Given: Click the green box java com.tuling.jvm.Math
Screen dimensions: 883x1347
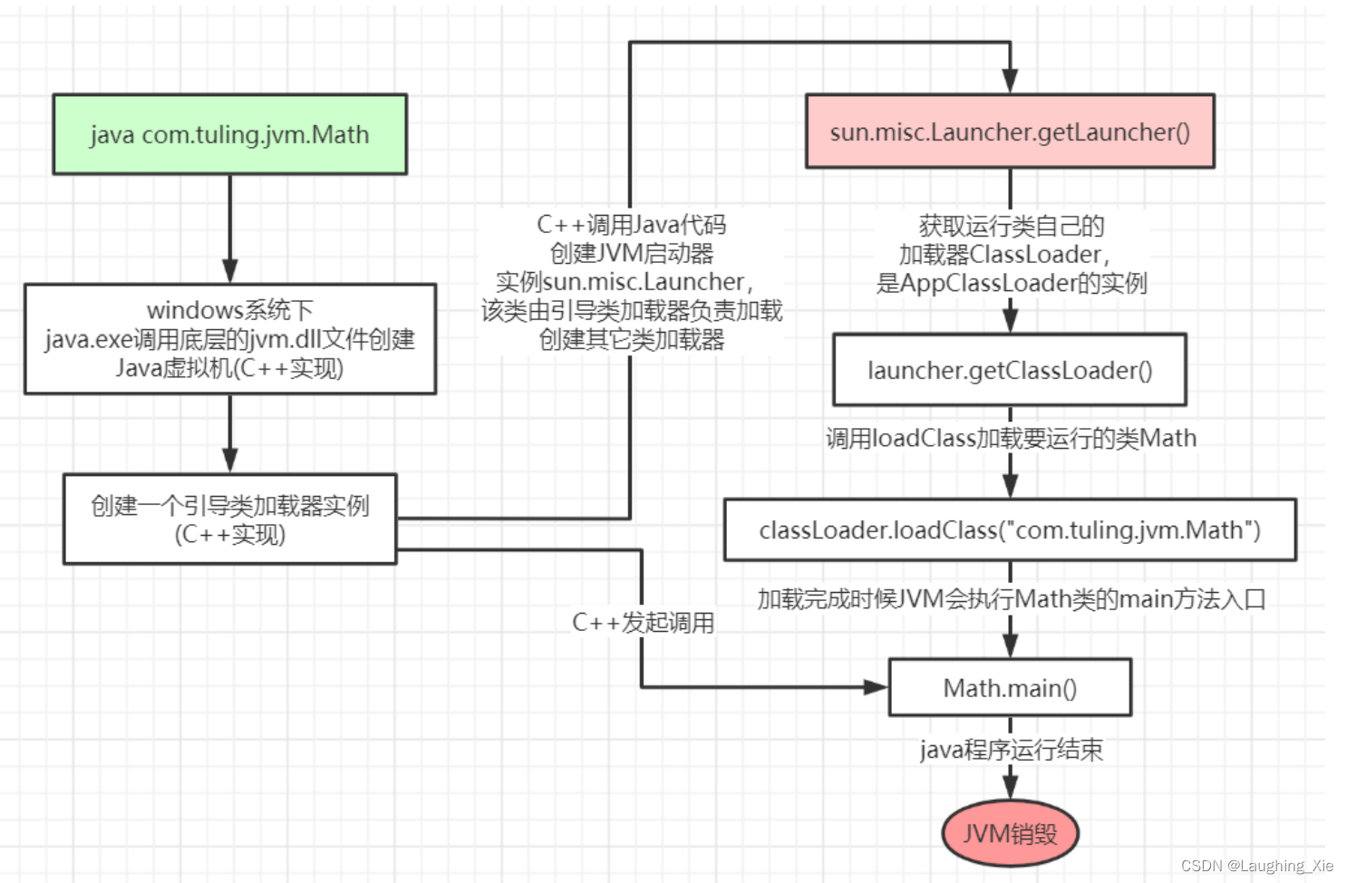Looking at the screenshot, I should coord(229,134).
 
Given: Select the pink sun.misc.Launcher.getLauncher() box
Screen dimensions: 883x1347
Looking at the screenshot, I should coord(1010,132).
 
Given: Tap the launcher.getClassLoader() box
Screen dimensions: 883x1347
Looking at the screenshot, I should coord(1010,370).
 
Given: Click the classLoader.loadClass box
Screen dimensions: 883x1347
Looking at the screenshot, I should coord(1010,529).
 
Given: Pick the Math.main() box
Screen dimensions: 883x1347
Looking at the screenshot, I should coord(1010,688).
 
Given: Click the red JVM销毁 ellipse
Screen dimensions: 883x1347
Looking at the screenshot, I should coord(1010,833).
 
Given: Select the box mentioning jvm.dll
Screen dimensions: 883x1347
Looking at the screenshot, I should coord(229,339).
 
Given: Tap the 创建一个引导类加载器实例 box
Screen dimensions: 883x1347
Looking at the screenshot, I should coord(229,519).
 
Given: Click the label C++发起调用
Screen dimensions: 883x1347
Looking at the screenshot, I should coord(643,623).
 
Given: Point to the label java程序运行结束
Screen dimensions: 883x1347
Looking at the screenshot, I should coord(1011,750).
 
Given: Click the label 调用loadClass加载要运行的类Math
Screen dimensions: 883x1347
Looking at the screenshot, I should coord(1011,439).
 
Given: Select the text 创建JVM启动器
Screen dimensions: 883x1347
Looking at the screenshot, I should coord(632,253).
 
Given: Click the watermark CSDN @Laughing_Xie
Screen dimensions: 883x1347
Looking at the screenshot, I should coord(1257,866).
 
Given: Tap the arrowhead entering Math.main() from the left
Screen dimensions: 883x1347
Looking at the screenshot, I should coord(876,687).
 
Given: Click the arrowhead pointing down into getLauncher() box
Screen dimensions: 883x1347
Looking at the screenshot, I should coord(1010,81).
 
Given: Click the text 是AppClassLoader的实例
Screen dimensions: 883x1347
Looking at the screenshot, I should coord(1011,283).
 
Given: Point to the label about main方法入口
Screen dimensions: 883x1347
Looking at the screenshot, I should coord(1011,599).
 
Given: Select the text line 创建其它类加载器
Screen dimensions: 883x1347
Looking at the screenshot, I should coord(632,340).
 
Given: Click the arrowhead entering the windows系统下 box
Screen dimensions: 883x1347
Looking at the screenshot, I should coord(229,271).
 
